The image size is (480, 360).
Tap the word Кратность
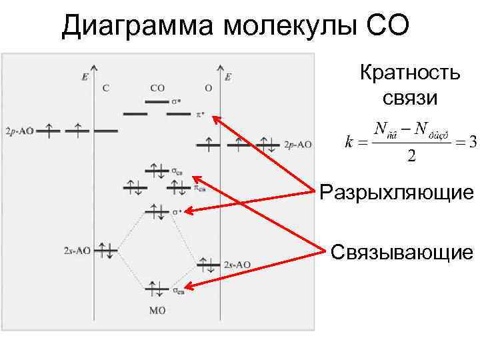409,72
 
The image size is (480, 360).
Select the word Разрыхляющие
397,193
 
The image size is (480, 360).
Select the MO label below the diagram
158,310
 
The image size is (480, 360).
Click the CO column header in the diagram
158,87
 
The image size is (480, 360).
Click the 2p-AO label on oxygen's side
298,144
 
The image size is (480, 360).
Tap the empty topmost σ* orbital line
157,101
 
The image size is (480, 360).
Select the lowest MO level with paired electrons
158,288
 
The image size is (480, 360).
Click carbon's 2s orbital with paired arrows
106,251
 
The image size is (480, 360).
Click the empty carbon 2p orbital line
106,131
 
